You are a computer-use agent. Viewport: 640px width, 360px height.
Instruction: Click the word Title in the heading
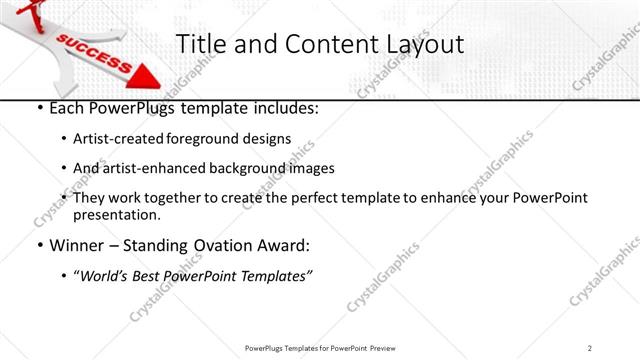coord(200,44)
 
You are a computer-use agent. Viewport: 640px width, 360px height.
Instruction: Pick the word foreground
coord(214,138)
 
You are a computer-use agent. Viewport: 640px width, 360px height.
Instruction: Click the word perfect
coord(350,198)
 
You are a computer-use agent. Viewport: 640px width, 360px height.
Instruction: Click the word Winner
coord(77,245)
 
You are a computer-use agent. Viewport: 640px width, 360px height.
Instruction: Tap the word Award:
coord(283,245)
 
